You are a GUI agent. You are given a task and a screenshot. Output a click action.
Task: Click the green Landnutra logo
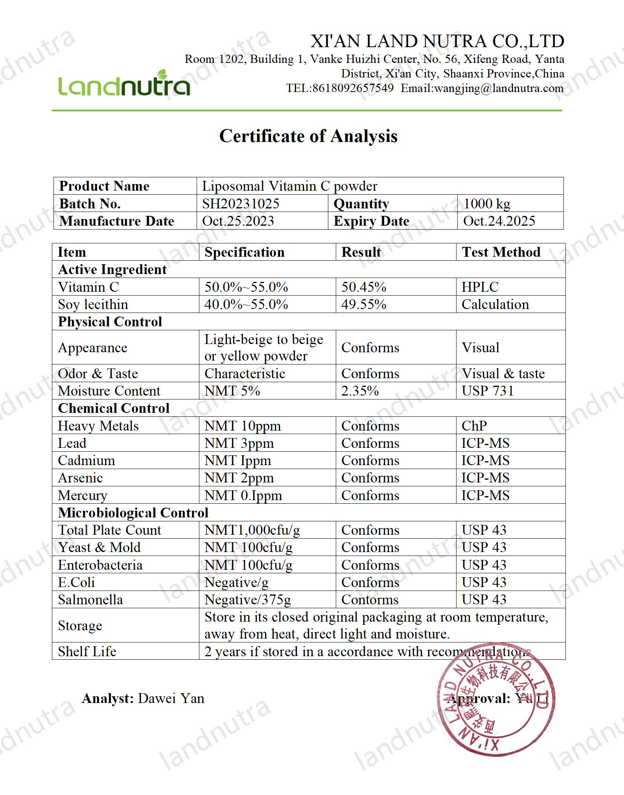tap(124, 84)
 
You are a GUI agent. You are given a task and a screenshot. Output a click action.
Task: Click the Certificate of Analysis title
tap(308, 136)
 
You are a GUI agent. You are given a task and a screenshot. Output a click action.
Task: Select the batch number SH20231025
tap(241, 204)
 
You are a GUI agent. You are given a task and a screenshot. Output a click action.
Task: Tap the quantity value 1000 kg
tap(487, 204)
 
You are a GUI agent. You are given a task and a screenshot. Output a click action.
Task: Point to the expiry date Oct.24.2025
tap(499, 221)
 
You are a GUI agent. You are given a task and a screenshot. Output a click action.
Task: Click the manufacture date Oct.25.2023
tap(238, 221)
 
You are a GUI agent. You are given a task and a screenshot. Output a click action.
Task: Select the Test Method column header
tap(501, 252)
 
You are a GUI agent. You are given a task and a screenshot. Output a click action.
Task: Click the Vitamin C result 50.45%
tap(364, 287)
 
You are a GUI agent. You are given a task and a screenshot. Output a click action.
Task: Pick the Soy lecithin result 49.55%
tap(364, 304)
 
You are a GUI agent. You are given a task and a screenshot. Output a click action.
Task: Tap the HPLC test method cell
tap(480, 287)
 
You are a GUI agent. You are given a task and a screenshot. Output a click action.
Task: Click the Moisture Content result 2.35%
tap(360, 391)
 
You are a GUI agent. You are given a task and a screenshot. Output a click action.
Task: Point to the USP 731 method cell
tap(488, 391)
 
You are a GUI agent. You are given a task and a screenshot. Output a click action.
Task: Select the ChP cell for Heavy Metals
tap(474, 426)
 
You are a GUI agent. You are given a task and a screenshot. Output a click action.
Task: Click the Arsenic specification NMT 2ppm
tap(239, 478)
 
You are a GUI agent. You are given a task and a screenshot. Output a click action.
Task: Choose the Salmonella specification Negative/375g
tap(248, 600)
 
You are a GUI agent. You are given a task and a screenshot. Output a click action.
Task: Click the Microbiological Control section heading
tap(133, 513)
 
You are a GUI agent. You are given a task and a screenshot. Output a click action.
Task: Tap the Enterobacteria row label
tap(100, 565)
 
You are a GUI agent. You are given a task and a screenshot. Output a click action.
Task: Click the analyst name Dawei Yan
tap(171, 698)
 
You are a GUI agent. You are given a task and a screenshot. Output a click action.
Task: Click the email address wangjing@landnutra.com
tap(499, 88)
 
